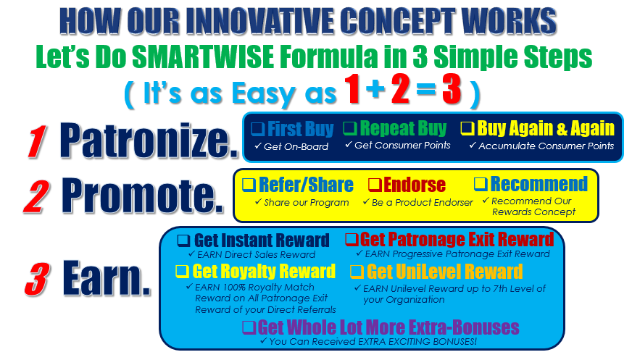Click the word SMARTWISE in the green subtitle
[x=203, y=56]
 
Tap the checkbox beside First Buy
[x=258, y=129]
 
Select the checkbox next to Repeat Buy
[x=350, y=128]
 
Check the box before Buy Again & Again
[x=467, y=128]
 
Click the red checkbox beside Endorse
[x=375, y=185]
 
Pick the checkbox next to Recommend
[x=481, y=184]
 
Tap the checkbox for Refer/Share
[x=249, y=185]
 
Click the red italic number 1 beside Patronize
[x=37, y=141]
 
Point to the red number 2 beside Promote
[x=37, y=196]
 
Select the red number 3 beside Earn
[x=37, y=279]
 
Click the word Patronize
[x=149, y=140]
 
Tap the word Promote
[x=142, y=196]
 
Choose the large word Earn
[x=107, y=278]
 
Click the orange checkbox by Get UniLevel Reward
[x=357, y=272]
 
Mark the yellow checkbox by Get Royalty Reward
[x=182, y=271]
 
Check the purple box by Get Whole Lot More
[x=249, y=327]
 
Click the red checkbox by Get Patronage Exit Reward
[x=352, y=240]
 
